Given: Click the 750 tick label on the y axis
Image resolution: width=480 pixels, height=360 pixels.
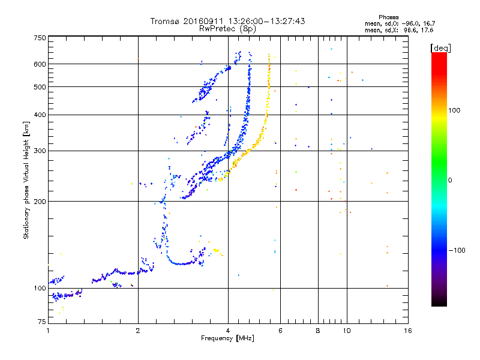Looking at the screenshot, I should [40, 37].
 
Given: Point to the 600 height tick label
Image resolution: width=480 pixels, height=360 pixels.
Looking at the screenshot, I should [40, 64].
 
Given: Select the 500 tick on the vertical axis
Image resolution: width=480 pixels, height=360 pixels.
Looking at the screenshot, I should [40, 86].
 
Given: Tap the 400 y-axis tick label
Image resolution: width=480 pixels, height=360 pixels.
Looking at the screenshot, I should [40, 115].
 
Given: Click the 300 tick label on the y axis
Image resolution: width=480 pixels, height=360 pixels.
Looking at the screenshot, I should [40, 151].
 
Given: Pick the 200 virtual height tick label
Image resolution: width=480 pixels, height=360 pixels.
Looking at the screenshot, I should [40, 201].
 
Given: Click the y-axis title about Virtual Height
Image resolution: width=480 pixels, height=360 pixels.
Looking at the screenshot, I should [26, 180].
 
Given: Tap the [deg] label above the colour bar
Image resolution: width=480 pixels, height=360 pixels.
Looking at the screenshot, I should [440, 47].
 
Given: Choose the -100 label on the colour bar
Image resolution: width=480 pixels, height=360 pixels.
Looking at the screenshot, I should [457, 250].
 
